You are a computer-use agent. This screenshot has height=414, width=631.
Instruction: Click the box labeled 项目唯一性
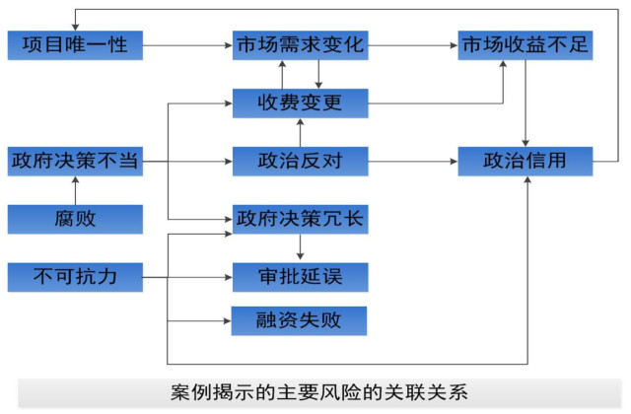pyautogui.click(x=74, y=44)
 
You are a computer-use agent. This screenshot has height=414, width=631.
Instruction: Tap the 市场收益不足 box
pyautogui.click(x=526, y=44)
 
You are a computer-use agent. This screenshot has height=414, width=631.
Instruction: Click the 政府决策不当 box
pyautogui.click(x=74, y=161)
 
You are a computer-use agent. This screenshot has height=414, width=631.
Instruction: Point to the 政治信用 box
pyautogui.click(x=526, y=161)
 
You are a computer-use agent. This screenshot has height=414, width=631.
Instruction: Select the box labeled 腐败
pyautogui.click(x=74, y=218)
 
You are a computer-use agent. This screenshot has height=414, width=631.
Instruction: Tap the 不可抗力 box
pyautogui.click(x=74, y=276)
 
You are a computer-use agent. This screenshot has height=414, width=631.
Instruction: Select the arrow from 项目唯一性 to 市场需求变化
pyautogui.click(x=187, y=44)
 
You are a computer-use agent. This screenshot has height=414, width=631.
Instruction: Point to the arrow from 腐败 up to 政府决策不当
pyautogui.click(x=74, y=189)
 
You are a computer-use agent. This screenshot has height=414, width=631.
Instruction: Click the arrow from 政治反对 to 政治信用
pyautogui.click(x=414, y=161)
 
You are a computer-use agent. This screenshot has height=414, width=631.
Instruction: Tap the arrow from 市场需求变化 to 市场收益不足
pyautogui.click(x=414, y=44)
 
